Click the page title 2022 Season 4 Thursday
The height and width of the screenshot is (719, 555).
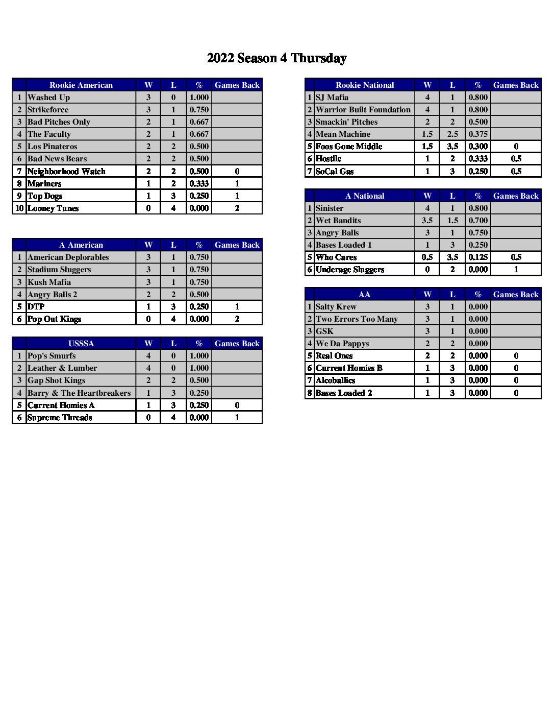point(276,58)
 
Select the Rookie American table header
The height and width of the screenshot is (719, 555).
point(81,85)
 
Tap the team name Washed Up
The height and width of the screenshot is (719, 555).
point(49,98)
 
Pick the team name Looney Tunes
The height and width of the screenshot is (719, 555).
point(53,208)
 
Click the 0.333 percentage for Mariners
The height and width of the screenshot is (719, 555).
point(199,184)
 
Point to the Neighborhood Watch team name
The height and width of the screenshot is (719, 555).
point(66,172)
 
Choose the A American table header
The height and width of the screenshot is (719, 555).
point(81,245)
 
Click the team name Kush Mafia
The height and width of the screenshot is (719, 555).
point(49,282)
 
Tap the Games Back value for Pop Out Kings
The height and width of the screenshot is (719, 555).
point(237,319)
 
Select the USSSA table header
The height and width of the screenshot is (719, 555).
point(81,344)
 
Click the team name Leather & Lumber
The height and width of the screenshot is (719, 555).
point(62,368)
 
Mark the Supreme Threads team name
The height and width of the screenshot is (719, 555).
point(60,418)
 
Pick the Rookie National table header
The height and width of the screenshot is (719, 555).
point(365,85)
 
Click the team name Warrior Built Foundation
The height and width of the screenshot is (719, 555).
point(363,110)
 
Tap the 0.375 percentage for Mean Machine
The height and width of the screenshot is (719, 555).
point(478,134)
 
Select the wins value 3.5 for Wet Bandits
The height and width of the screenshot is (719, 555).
point(427,221)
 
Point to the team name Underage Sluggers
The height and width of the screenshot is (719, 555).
point(350,270)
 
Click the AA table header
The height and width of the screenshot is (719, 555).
point(365,295)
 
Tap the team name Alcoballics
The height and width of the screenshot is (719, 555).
point(336,380)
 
